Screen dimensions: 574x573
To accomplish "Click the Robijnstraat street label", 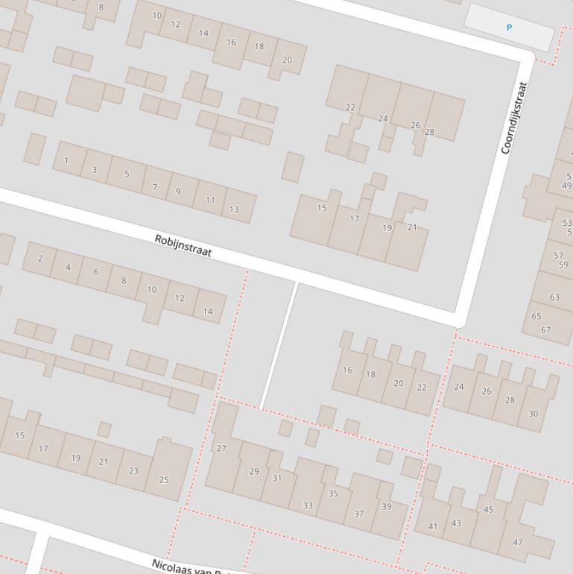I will tap(183, 246).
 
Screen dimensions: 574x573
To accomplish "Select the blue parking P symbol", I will tap(510, 28).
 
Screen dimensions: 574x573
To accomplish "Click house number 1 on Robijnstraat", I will tap(66, 160).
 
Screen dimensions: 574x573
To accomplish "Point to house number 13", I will tap(234, 209).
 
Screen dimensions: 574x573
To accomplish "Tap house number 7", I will tap(155, 186).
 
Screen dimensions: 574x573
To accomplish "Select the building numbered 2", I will tap(40, 259).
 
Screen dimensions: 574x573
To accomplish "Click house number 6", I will tap(95, 272).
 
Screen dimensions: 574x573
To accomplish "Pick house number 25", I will tap(164, 479).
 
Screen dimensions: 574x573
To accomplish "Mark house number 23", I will tap(133, 470).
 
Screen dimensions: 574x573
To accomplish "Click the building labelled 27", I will tap(221, 448).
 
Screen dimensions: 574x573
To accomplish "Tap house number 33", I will tap(308, 505).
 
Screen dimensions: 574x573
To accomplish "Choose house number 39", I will tap(386, 507).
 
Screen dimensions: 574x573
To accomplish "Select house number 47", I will tap(518, 543).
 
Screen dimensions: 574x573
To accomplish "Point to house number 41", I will tap(433, 526).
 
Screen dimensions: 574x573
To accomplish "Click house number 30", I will tap(534, 414).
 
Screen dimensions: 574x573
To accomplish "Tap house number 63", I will tap(554, 297).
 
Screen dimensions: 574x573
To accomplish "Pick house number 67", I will tap(546, 329).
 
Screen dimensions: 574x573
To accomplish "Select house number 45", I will tap(488, 510).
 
